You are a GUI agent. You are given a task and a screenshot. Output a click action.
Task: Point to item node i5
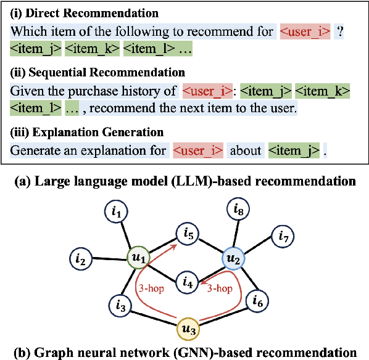(x=188, y=234)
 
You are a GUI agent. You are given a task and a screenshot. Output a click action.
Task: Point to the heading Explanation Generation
(x=87, y=133)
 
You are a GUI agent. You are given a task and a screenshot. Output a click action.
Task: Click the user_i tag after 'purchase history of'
(x=207, y=91)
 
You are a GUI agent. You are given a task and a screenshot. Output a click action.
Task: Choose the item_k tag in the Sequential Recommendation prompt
(x=323, y=91)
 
